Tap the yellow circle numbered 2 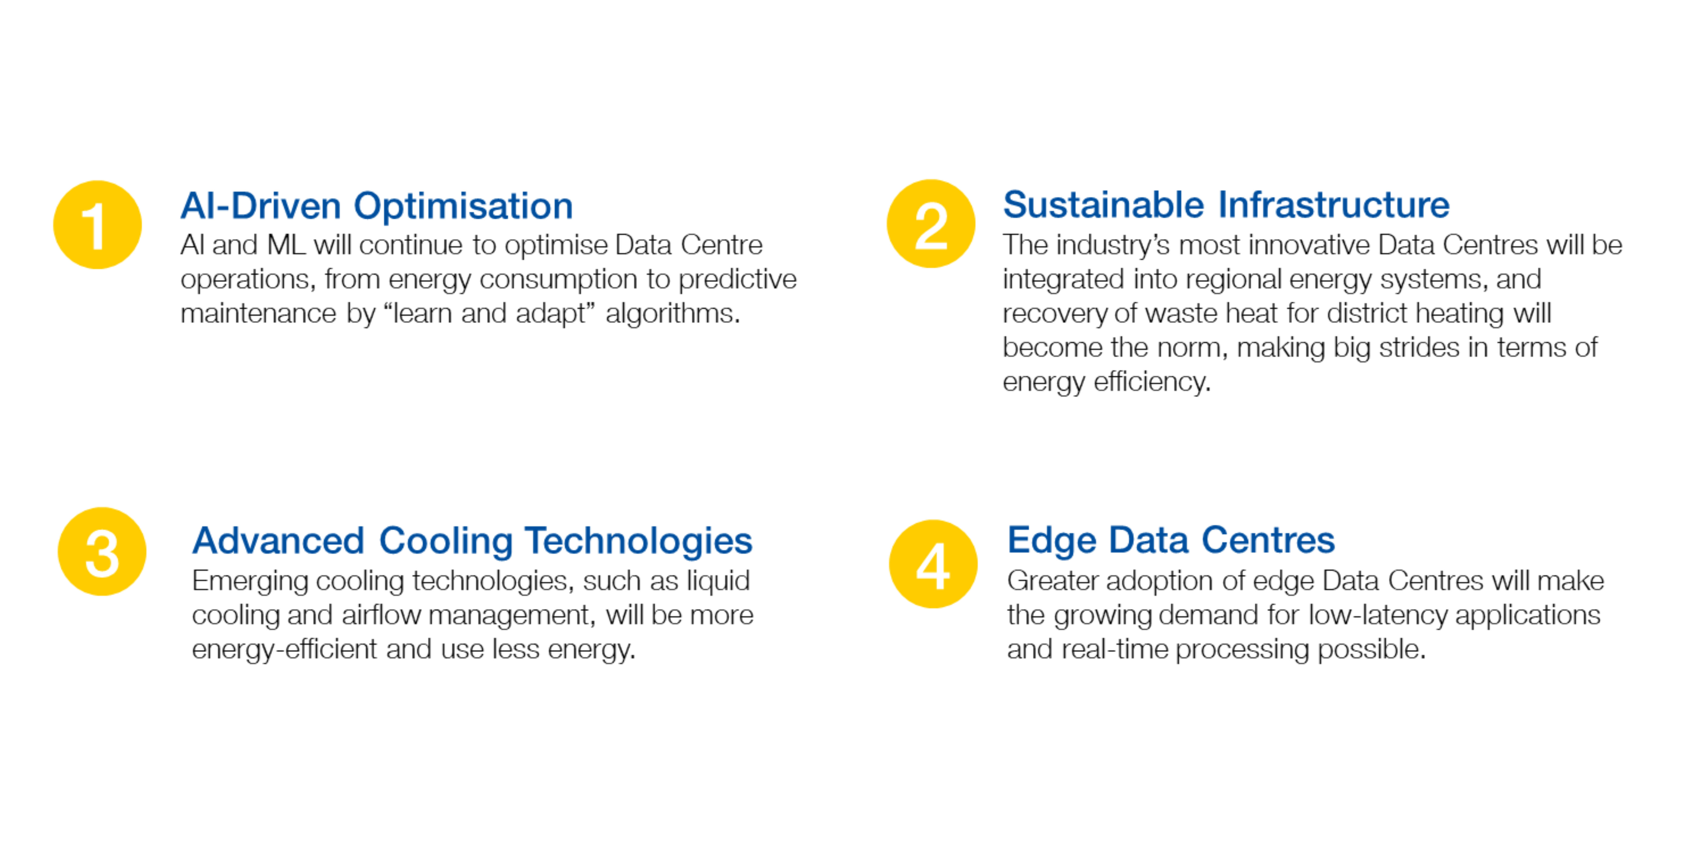coord(931,223)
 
